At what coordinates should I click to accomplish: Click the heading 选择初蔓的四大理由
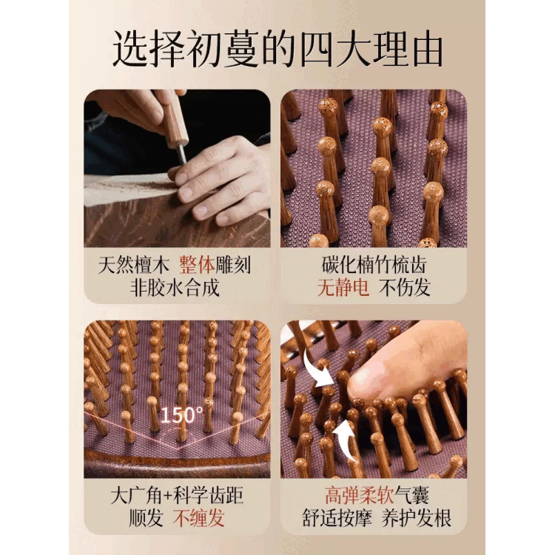[x=277, y=50]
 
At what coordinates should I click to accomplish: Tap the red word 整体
[x=197, y=265]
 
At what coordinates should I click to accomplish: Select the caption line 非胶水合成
[x=175, y=287]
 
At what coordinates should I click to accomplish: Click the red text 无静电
[x=343, y=287]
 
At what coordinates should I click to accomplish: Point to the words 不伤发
[x=405, y=287]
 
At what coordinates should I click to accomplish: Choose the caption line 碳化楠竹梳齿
[x=374, y=265]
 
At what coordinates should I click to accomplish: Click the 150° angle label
[x=181, y=415]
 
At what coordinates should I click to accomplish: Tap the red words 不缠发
[x=199, y=518]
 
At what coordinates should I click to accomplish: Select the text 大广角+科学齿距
[x=177, y=496]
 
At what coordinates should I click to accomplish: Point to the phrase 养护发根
[x=416, y=518]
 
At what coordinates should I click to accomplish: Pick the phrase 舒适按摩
[x=337, y=518]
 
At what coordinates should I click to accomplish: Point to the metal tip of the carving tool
[x=182, y=153]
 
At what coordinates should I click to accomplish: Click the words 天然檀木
[x=133, y=265]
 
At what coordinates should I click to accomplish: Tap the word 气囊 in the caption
[x=412, y=495]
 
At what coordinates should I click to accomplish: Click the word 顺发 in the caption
[x=146, y=518]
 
